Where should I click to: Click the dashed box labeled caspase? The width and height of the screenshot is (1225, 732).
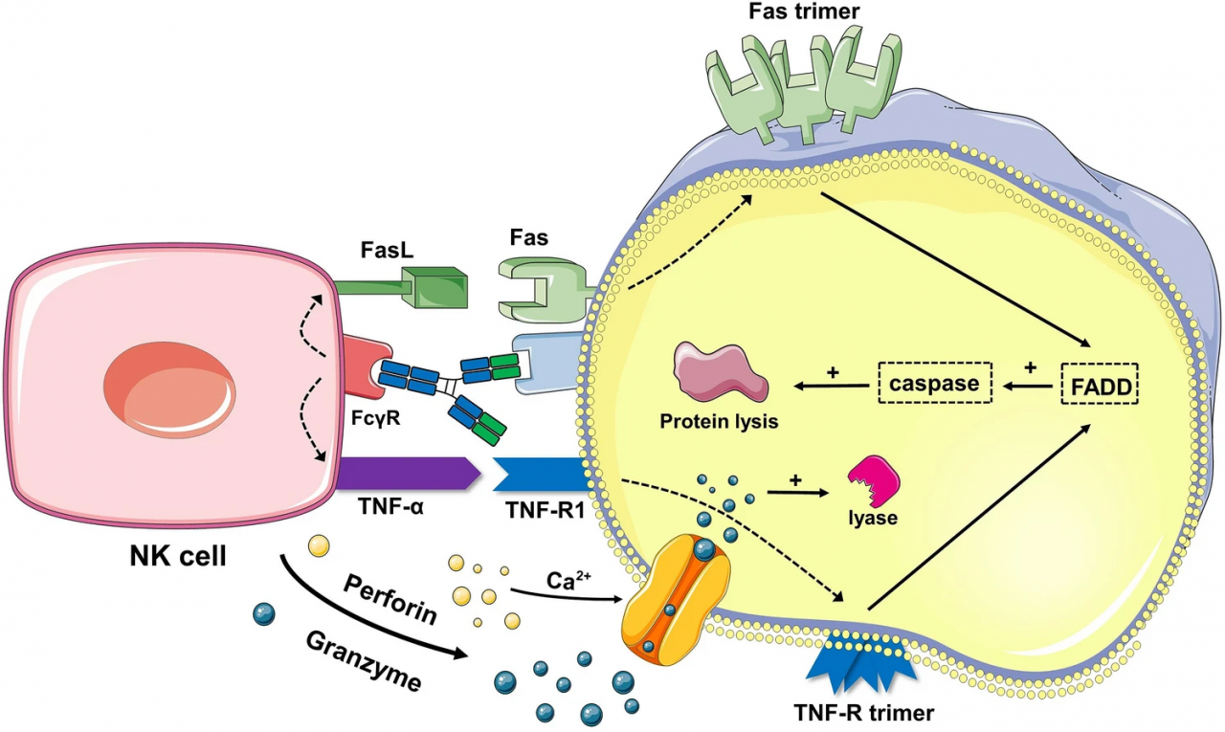click(x=934, y=384)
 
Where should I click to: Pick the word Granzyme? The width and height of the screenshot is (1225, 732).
click(x=364, y=660)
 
